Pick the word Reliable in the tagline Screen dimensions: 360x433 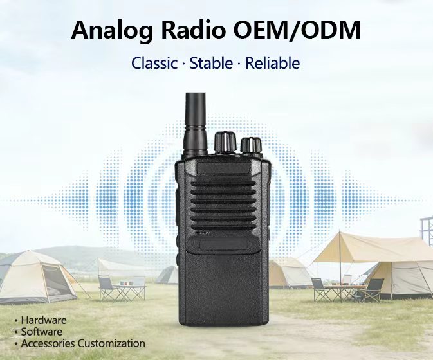click(273, 64)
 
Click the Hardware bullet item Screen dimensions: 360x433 click(43, 320)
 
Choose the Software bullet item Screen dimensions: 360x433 click(42, 332)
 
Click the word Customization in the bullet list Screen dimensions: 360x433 click(114, 343)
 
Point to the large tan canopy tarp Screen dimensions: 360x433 click(360, 248)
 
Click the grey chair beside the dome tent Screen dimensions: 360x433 click(106, 288)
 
